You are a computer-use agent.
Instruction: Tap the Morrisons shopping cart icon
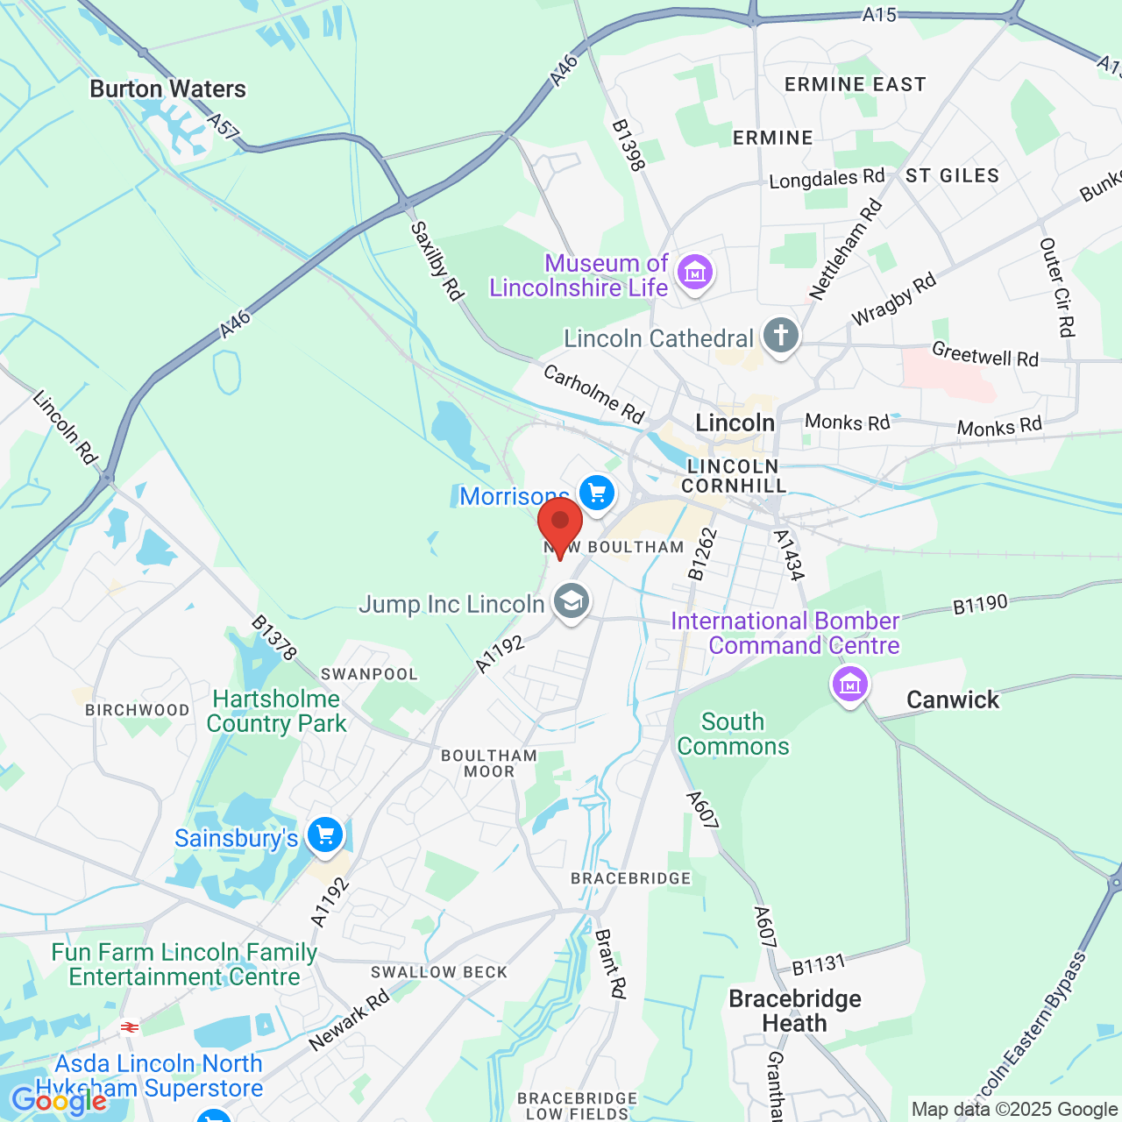[x=597, y=494]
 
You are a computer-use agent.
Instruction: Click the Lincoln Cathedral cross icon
[x=780, y=336]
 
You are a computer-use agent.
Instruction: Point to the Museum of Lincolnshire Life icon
[x=695, y=273]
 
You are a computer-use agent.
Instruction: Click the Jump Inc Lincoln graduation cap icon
[x=572, y=602]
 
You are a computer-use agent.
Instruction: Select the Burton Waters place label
[x=167, y=89]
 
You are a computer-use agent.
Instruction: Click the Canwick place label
[x=953, y=699]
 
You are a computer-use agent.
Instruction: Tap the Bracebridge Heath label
[x=795, y=1011]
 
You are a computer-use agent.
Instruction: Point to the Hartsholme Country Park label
[x=277, y=711]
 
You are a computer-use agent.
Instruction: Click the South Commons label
[x=733, y=734]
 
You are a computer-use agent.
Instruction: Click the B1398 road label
[x=628, y=146]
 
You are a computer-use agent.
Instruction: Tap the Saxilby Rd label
[x=437, y=260]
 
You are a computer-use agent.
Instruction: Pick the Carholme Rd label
[x=594, y=393]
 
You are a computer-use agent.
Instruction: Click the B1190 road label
[x=980, y=605]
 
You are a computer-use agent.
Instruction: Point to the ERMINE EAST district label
[x=855, y=85]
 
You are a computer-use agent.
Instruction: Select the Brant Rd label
[x=611, y=963]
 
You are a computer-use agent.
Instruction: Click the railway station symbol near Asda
[x=130, y=1027]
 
